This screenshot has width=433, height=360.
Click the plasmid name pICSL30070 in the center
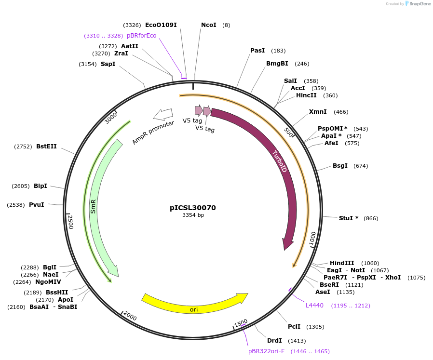[193, 208]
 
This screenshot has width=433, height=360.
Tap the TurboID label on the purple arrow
[280, 162]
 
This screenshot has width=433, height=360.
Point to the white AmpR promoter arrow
[162, 114]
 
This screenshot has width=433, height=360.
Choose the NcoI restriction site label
[209, 25]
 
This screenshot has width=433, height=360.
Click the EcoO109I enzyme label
[161, 25]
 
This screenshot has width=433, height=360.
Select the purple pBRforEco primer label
[142, 36]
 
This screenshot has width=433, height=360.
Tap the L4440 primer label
[315, 306]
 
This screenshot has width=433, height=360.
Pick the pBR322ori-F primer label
[267, 351]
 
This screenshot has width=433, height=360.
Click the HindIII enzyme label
[342, 263]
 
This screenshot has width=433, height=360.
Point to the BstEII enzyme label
[46, 147]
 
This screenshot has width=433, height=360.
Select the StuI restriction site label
[349, 218]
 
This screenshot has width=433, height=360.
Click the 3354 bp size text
[193, 215]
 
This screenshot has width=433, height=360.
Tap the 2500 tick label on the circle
[70, 222]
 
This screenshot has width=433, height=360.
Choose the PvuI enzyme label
[37, 205]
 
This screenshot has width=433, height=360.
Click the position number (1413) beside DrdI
[297, 341]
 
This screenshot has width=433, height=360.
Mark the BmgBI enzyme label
[277, 64]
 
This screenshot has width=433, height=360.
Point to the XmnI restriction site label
[318, 112]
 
